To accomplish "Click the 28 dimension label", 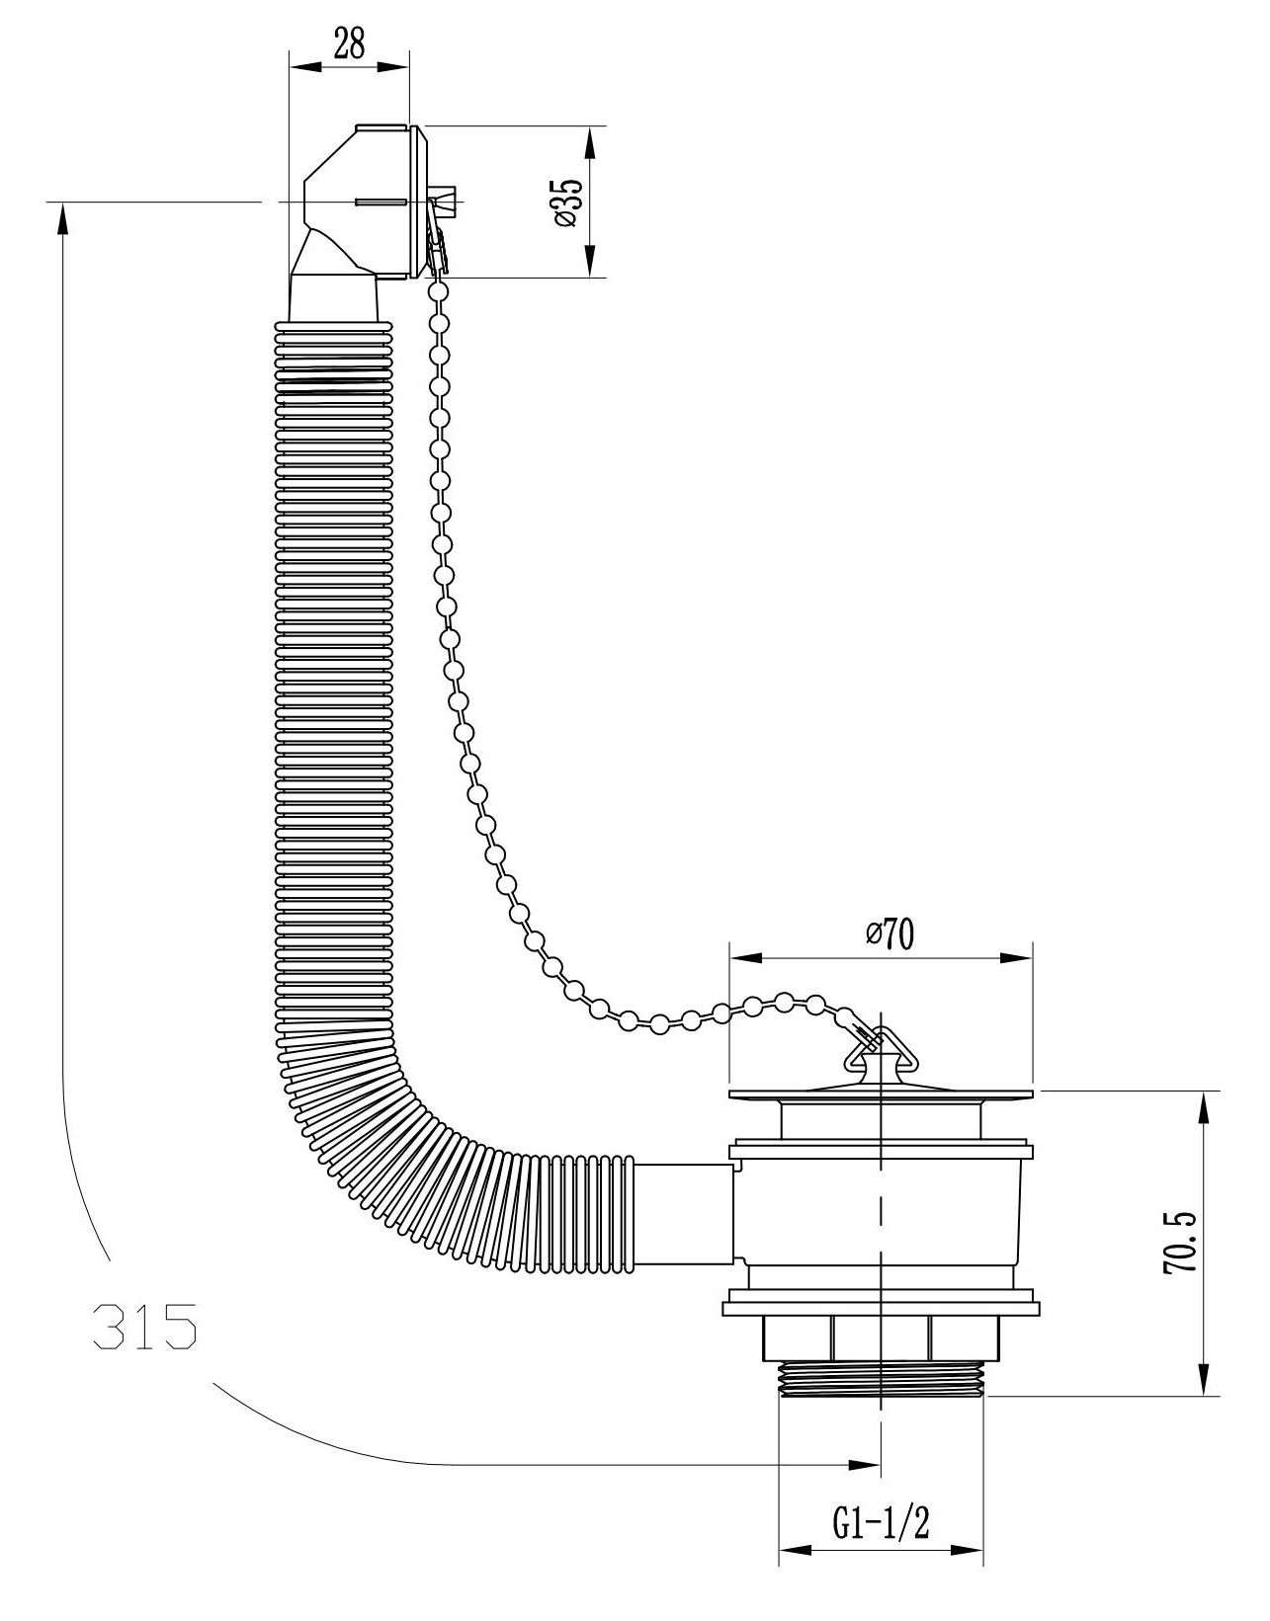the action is [349, 44].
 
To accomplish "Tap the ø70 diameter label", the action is [889, 934].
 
